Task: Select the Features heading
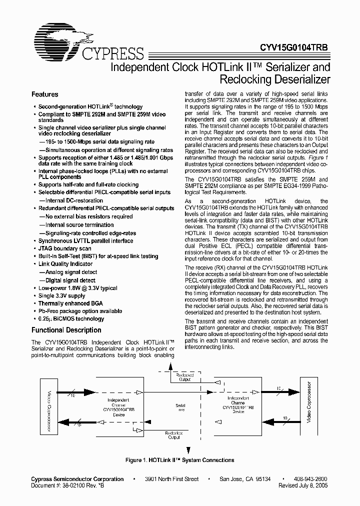click(x=44, y=94)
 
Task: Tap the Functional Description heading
click(x=66, y=330)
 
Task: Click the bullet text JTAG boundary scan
click(x=64, y=248)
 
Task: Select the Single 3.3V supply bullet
click(x=61, y=296)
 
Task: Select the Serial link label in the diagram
click(x=180, y=407)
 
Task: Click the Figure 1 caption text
click(x=179, y=460)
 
